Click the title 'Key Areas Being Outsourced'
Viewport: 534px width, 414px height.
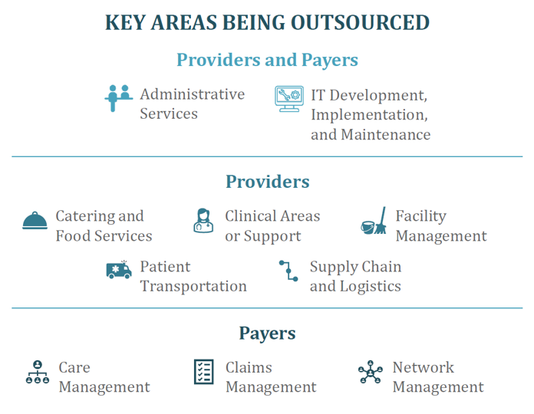(x=267, y=23)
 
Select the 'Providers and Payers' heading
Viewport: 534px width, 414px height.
(x=267, y=61)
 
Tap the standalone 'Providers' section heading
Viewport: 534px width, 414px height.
(x=268, y=181)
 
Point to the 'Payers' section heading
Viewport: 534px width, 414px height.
(x=267, y=333)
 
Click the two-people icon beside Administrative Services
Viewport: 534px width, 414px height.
(x=118, y=98)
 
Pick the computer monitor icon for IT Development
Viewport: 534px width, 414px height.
(x=289, y=99)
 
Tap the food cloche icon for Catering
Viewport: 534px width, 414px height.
(x=35, y=221)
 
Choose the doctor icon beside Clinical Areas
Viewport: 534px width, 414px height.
(x=203, y=221)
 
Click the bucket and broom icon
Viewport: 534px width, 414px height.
(x=374, y=221)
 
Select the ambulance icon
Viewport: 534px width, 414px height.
(x=119, y=270)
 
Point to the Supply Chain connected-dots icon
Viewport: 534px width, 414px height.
(x=288, y=271)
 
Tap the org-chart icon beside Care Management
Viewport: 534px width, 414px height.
(x=38, y=372)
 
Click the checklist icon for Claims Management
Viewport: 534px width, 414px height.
(x=203, y=372)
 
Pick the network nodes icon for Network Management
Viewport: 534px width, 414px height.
(x=370, y=372)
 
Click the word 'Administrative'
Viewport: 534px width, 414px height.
(x=193, y=94)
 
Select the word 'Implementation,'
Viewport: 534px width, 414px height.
(x=370, y=115)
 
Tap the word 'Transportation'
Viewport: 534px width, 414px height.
(x=193, y=286)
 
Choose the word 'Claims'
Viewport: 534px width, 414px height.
(x=249, y=367)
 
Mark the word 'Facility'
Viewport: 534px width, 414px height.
(x=421, y=216)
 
